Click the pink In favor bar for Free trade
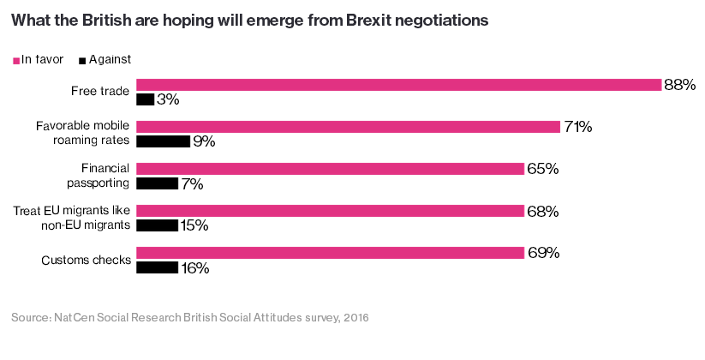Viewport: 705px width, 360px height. [x=399, y=85]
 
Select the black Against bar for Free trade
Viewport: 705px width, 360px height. [x=146, y=99]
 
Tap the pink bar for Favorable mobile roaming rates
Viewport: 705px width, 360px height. [x=348, y=127]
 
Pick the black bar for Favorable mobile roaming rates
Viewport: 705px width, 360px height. [x=163, y=141]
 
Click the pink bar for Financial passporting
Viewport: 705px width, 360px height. [x=330, y=169]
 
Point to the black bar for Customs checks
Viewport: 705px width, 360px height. [x=157, y=267]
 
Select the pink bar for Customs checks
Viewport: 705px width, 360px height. [x=330, y=253]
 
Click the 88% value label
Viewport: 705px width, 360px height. [x=680, y=85]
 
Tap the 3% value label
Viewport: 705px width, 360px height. [x=168, y=99]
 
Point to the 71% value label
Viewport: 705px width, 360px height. [x=577, y=127]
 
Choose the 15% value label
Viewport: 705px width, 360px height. [x=194, y=225]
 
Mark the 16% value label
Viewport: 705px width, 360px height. [x=195, y=268]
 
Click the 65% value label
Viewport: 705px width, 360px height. [x=543, y=169]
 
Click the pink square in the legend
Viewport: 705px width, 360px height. [x=16, y=61]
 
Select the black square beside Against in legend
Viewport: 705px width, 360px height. [x=82, y=61]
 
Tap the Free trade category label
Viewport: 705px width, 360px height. [x=100, y=91]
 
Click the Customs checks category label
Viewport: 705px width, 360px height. [x=87, y=260]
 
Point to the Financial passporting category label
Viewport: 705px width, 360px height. [x=98, y=176]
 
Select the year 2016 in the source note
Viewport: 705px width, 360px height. [x=356, y=317]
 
